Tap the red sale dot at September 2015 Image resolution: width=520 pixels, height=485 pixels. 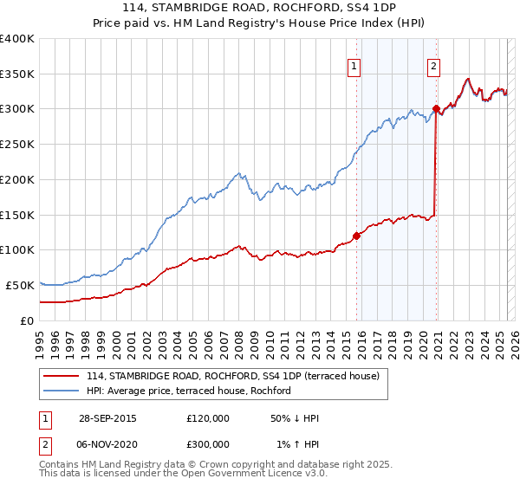(x=356, y=236)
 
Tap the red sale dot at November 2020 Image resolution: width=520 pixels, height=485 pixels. (x=436, y=109)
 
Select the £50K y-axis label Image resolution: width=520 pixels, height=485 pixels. (x=21, y=285)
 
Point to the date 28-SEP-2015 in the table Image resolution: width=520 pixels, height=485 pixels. (x=107, y=418)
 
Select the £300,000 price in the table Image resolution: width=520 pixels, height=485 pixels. (x=208, y=444)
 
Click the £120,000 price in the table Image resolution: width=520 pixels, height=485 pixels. (x=208, y=418)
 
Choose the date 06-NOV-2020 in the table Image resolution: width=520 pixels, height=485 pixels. (x=107, y=444)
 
